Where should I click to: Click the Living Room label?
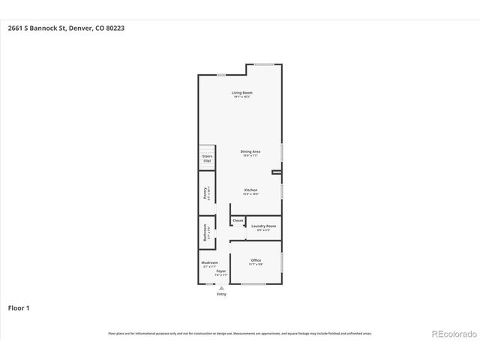(241, 93)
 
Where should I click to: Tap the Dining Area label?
(250, 151)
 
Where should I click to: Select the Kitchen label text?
(250, 190)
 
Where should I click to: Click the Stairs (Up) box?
(207, 158)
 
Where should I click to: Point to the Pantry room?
(205, 193)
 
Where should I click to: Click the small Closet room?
(238, 220)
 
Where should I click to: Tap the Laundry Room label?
(263, 226)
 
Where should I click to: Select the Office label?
(256, 260)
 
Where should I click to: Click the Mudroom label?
(209, 262)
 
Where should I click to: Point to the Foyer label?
(221, 271)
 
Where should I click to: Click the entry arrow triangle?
(221, 288)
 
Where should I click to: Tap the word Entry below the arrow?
(221, 294)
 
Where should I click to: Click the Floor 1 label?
(19, 307)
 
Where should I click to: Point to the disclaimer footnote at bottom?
(239, 333)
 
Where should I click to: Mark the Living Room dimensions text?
(241, 97)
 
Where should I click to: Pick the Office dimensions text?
(256, 264)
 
